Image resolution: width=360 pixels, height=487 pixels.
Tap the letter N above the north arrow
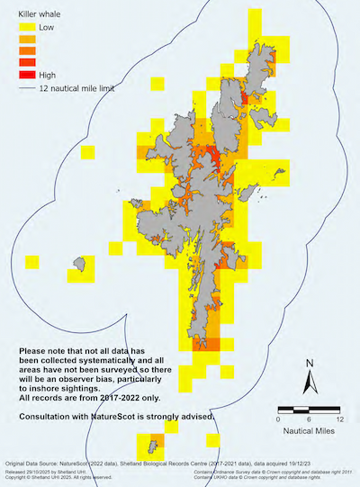click(309, 364)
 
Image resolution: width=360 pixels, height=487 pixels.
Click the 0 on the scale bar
click(279, 420)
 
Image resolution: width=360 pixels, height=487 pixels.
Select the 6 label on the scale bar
click(309, 420)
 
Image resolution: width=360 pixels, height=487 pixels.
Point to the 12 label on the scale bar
click(338, 420)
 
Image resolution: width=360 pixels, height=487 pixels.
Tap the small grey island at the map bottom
click(144, 442)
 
